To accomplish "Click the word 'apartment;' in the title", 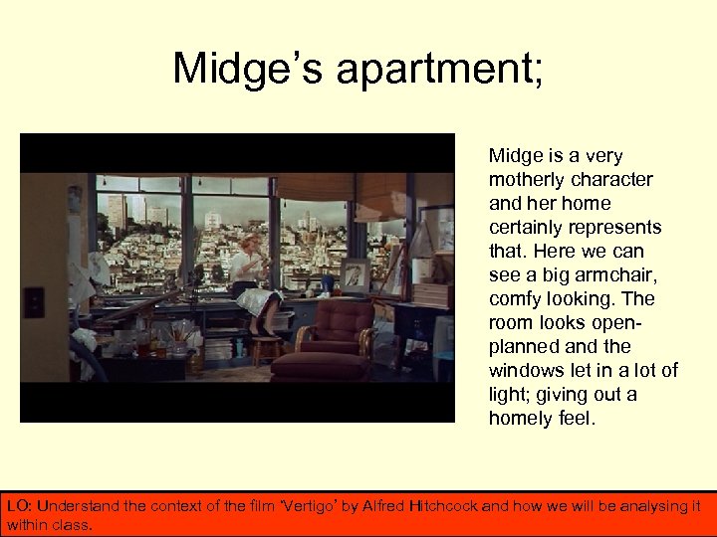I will [441, 69].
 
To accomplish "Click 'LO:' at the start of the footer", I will [19, 506].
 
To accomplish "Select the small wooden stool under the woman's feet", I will [266, 349].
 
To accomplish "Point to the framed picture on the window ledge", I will [354, 275].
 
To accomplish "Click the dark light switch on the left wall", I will [33, 301].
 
